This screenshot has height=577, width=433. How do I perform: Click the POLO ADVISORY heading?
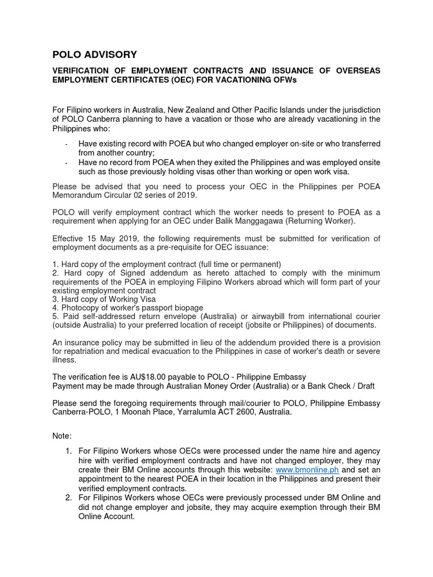pos(94,55)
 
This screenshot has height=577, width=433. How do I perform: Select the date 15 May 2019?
pos(108,238)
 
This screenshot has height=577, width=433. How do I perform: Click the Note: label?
pos(61,436)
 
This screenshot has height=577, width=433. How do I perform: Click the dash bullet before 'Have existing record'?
pos(66,144)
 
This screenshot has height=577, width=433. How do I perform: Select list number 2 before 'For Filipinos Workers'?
pos(68,498)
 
